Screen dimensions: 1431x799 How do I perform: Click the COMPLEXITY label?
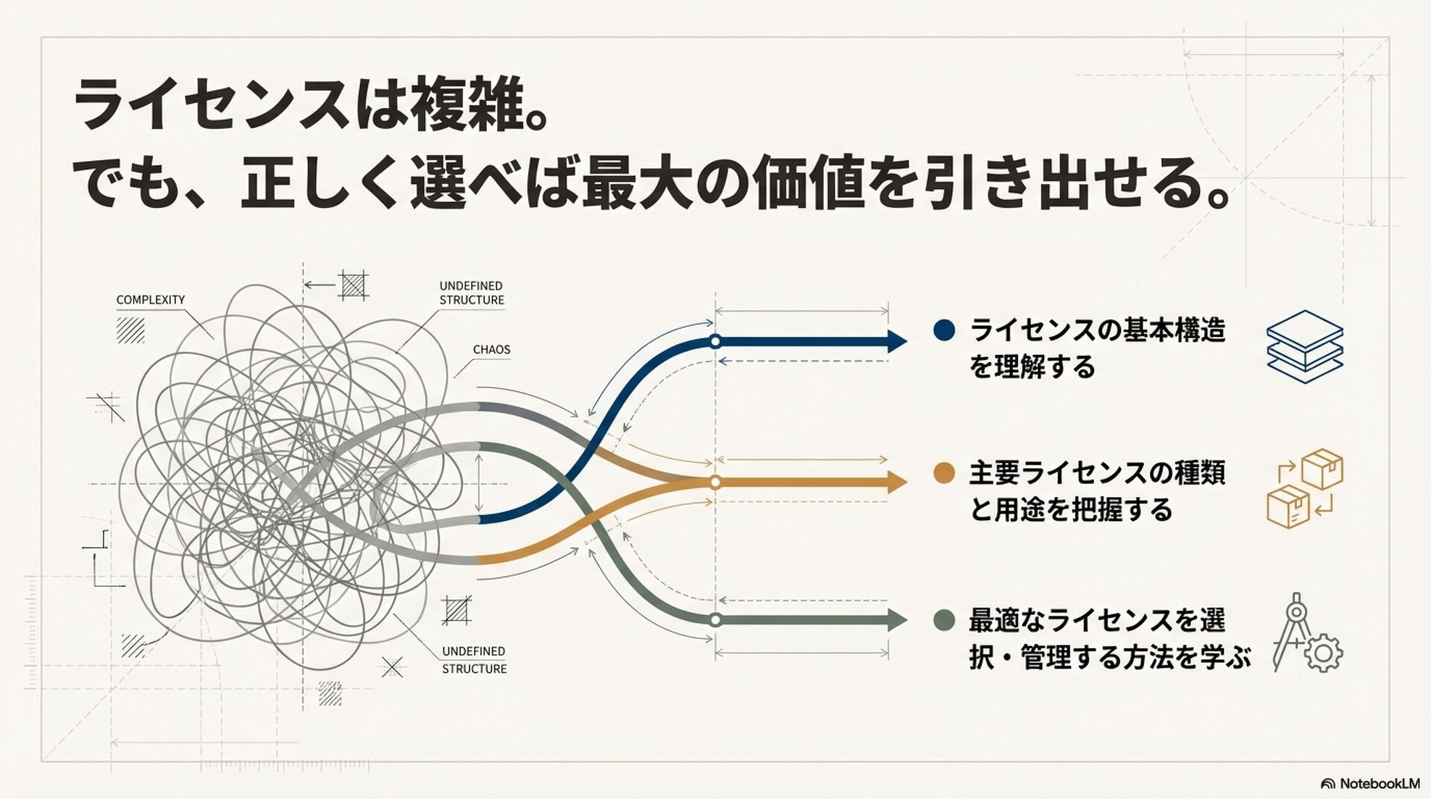[151, 300]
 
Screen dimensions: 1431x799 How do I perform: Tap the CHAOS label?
[491, 350]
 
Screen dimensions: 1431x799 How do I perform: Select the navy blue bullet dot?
[944, 330]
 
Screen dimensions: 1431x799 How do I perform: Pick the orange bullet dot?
[944, 473]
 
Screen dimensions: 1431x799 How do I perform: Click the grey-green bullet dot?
[944, 620]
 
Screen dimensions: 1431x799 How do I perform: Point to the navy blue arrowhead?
[896, 342]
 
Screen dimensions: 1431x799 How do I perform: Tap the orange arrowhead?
[896, 482]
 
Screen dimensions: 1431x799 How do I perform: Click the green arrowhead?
[896, 620]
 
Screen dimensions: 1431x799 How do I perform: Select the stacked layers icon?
[1304, 347]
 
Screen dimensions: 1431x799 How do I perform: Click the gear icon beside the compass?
[1324, 654]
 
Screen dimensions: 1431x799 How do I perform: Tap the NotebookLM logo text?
[1379, 783]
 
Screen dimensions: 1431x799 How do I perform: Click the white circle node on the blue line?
[715, 342]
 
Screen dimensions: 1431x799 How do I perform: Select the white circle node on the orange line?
[715, 482]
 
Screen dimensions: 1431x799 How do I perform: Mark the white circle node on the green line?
[715, 620]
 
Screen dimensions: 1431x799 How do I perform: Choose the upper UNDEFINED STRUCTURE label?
[471, 293]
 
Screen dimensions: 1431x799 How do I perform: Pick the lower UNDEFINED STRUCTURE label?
[474, 660]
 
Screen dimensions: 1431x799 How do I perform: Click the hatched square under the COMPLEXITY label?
[130, 330]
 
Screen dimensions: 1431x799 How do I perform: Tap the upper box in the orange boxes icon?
[1321, 469]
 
